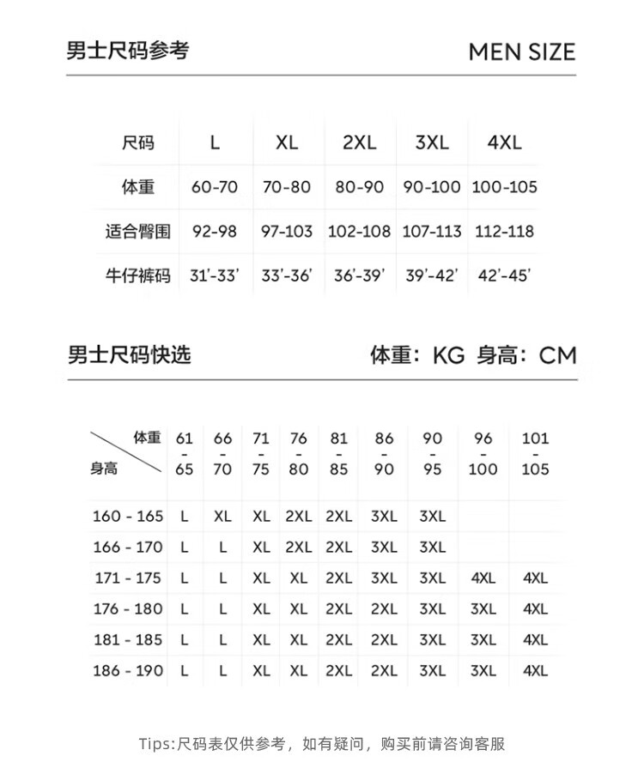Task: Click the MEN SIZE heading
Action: pyautogui.click(x=521, y=51)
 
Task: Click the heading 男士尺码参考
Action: pyautogui.click(x=127, y=51)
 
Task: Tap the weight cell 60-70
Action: pyautogui.click(x=215, y=187)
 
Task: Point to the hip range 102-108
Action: pyautogui.click(x=359, y=232)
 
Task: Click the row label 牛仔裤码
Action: pyautogui.click(x=137, y=275)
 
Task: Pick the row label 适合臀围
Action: pyautogui.click(x=137, y=232)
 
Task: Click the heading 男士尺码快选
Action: pyautogui.click(x=129, y=354)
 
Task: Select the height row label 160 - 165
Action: pyautogui.click(x=128, y=517)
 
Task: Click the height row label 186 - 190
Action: pyautogui.click(x=128, y=671)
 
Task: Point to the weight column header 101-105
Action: pyautogui.click(x=535, y=453)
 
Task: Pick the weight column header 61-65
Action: pyautogui.click(x=185, y=453)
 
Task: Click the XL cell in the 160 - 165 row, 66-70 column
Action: pyautogui.click(x=222, y=517)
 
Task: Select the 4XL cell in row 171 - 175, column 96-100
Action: pyautogui.click(x=483, y=578)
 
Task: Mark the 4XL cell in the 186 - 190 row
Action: pyautogui.click(x=535, y=671)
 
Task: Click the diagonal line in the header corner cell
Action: pyautogui.click(x=126, y=451)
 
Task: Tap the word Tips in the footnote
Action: pyautogui.click(x=155, y=743)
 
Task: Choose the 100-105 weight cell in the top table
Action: pyautogui.click(x=503, y=187)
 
